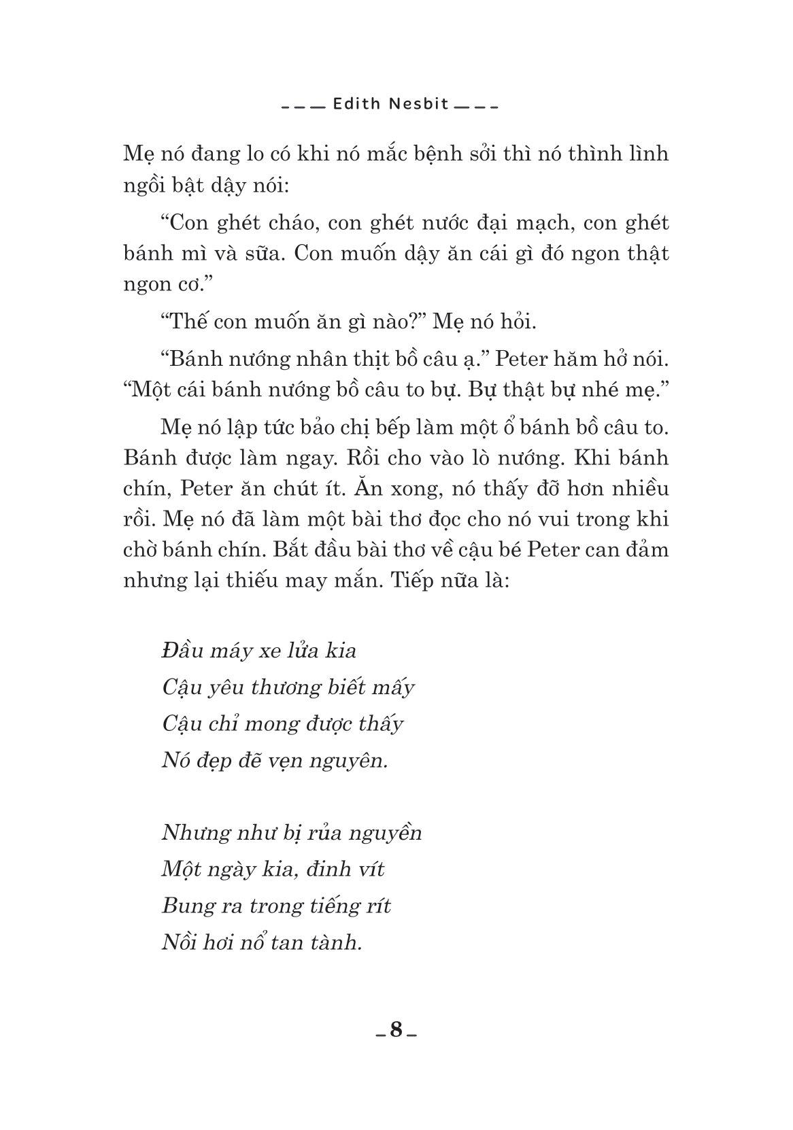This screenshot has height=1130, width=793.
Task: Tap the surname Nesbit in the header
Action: pos(409,105)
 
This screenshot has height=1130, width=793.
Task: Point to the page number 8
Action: pos(396,1030)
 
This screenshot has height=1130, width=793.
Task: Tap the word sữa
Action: pos(263,254)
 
